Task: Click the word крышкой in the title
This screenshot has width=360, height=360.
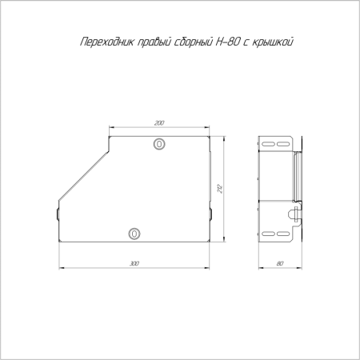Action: coord(283,41)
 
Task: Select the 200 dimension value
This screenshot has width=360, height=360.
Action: coord(158,123)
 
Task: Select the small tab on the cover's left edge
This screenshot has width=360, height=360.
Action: coord(57,214)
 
